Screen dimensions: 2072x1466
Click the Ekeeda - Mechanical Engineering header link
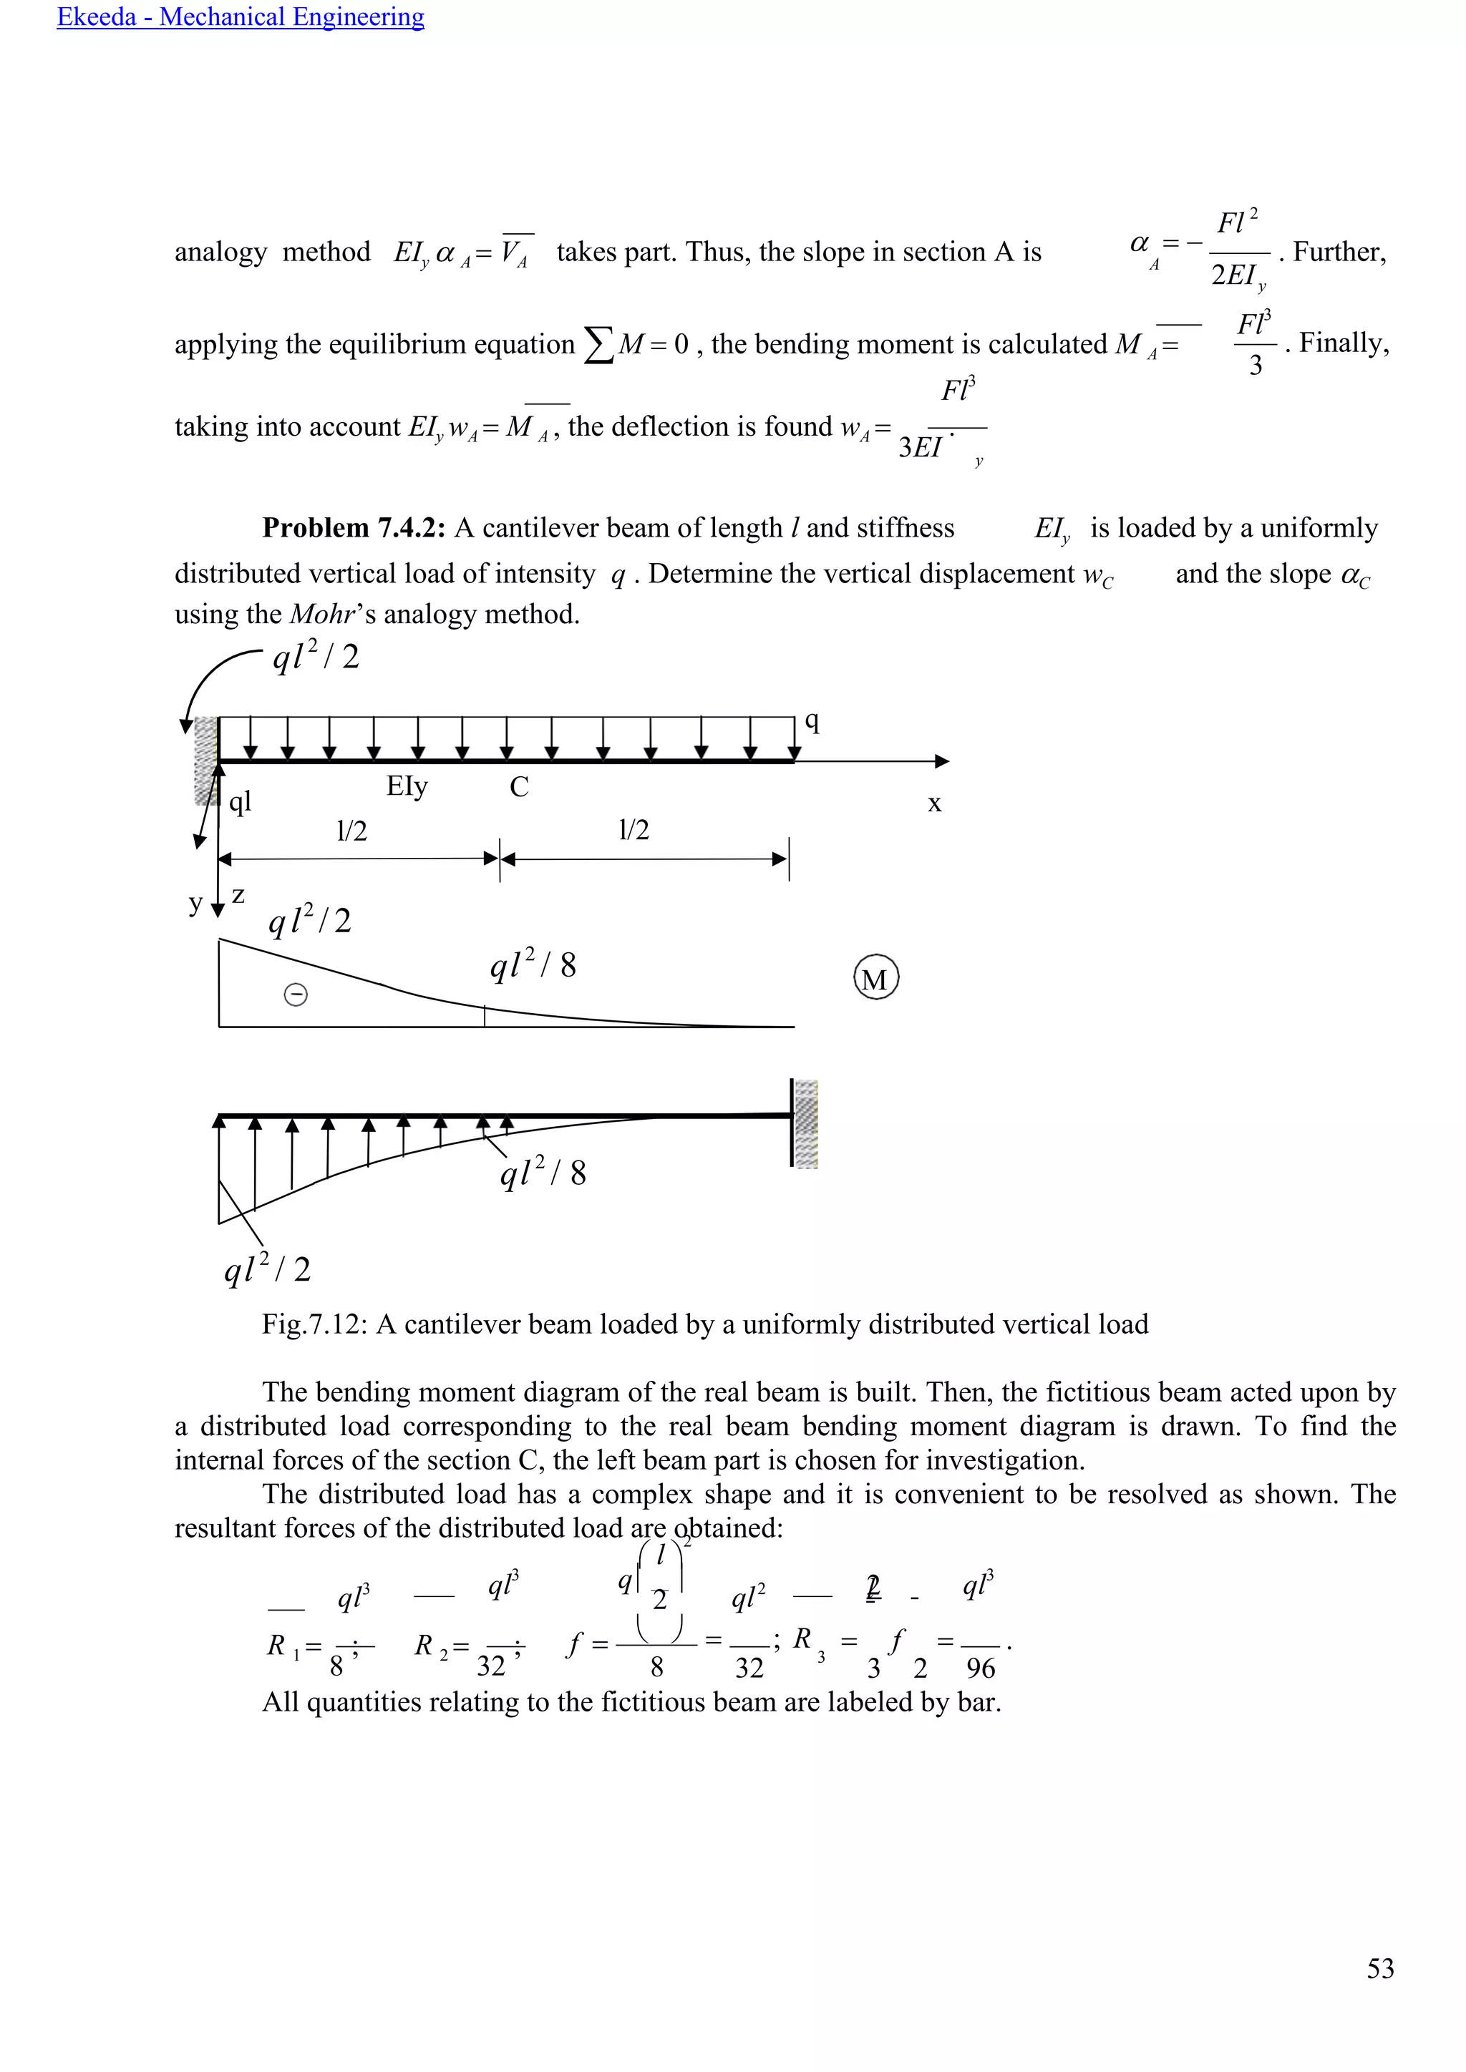tap(240, 17)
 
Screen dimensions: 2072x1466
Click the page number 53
tap(1380, 1968)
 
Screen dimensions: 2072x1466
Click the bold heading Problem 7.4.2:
tap(354, 528)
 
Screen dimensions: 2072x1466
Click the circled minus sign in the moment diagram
tap(295, 995)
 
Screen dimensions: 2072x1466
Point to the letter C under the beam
tap(519, 788)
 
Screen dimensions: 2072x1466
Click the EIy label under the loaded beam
tap(407, 787)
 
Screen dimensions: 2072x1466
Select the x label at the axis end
tap(934, 803)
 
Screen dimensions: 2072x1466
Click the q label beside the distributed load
tap(812, 721)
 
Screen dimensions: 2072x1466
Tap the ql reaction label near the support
tap(240, 801)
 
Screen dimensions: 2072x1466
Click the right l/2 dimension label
tap(634, 830)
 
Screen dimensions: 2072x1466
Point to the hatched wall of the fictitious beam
tap(805, 1123)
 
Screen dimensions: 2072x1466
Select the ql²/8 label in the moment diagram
tap(533, 966)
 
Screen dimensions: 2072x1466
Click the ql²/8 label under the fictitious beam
tap(543, 1173)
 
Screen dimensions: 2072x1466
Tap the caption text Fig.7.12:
tap(315, 1324)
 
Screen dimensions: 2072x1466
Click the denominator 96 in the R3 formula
tap(981, 1668)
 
